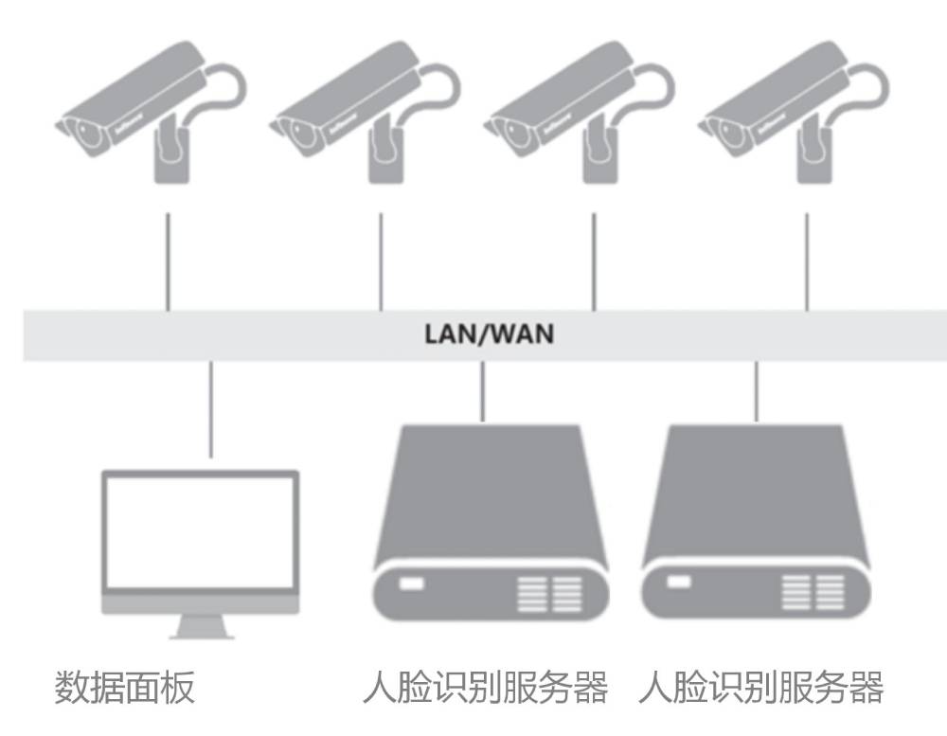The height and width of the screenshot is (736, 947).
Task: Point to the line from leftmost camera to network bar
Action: click(x=168, y=261)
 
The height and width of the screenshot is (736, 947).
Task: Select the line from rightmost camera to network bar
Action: click(x=807, y=261)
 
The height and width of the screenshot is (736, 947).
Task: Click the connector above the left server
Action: click(x=483, y=391)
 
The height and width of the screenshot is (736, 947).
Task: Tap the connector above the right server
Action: click(x=755, y=391)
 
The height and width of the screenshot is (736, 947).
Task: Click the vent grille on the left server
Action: click(x=547, y=591)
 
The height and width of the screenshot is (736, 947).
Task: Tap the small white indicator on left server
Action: click(x=412, y=583)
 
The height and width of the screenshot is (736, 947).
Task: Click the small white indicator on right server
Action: click(x=679, y=581)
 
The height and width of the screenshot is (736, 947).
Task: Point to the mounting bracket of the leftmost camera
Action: click(x=170, y=156)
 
